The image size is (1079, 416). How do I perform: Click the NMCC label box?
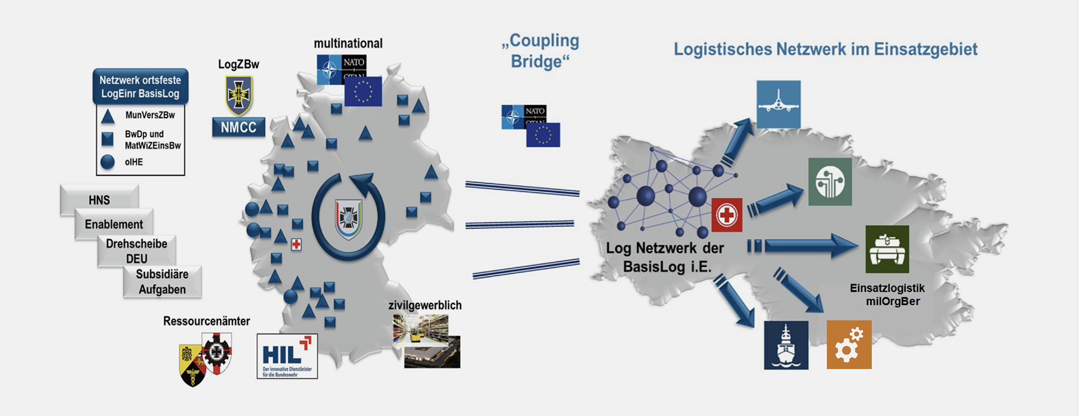pos(238,127)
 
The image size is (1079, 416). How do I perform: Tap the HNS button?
pos(99,200)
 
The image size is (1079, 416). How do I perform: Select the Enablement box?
pos(113,224)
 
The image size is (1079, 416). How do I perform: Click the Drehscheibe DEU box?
pos(137,251)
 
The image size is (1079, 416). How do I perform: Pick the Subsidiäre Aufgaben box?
pos(162,282)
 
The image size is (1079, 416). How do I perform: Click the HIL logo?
pos(287,356)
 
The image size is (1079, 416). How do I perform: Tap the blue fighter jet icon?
pos(778,104)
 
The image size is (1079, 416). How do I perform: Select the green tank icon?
pos(886,249)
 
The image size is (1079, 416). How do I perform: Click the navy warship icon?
pos(786,345)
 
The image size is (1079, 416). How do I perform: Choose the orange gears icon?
pos(849,345)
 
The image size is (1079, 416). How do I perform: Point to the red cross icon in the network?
pos(727,215)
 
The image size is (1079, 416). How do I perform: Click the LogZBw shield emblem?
pos(238,95)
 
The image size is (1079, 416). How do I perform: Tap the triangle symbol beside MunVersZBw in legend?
pos(108,116)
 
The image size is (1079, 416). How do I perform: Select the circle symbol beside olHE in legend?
pos(108,162)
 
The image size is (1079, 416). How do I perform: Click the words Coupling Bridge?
pos(540,51)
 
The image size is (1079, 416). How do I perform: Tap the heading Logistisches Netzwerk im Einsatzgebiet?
pos(825,49)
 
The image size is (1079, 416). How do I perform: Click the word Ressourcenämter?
pos(206,321)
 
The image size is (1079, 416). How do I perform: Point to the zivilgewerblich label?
pos(425,305)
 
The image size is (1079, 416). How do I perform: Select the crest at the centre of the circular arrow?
pos(348,218)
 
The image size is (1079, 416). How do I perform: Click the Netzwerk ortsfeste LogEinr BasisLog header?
pos(141,86)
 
